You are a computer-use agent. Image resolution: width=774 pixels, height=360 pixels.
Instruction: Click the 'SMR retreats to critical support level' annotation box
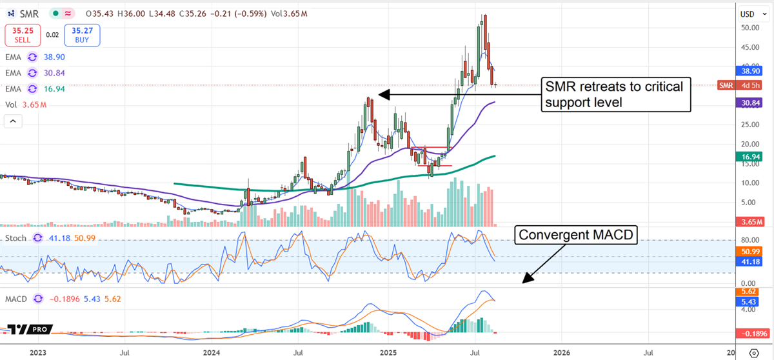615,94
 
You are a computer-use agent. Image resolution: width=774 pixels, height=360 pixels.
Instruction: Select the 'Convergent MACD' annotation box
576,237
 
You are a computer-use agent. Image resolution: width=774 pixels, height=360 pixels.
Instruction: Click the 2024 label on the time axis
212,352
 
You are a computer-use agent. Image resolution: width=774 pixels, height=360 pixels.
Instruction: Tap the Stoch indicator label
17,238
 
